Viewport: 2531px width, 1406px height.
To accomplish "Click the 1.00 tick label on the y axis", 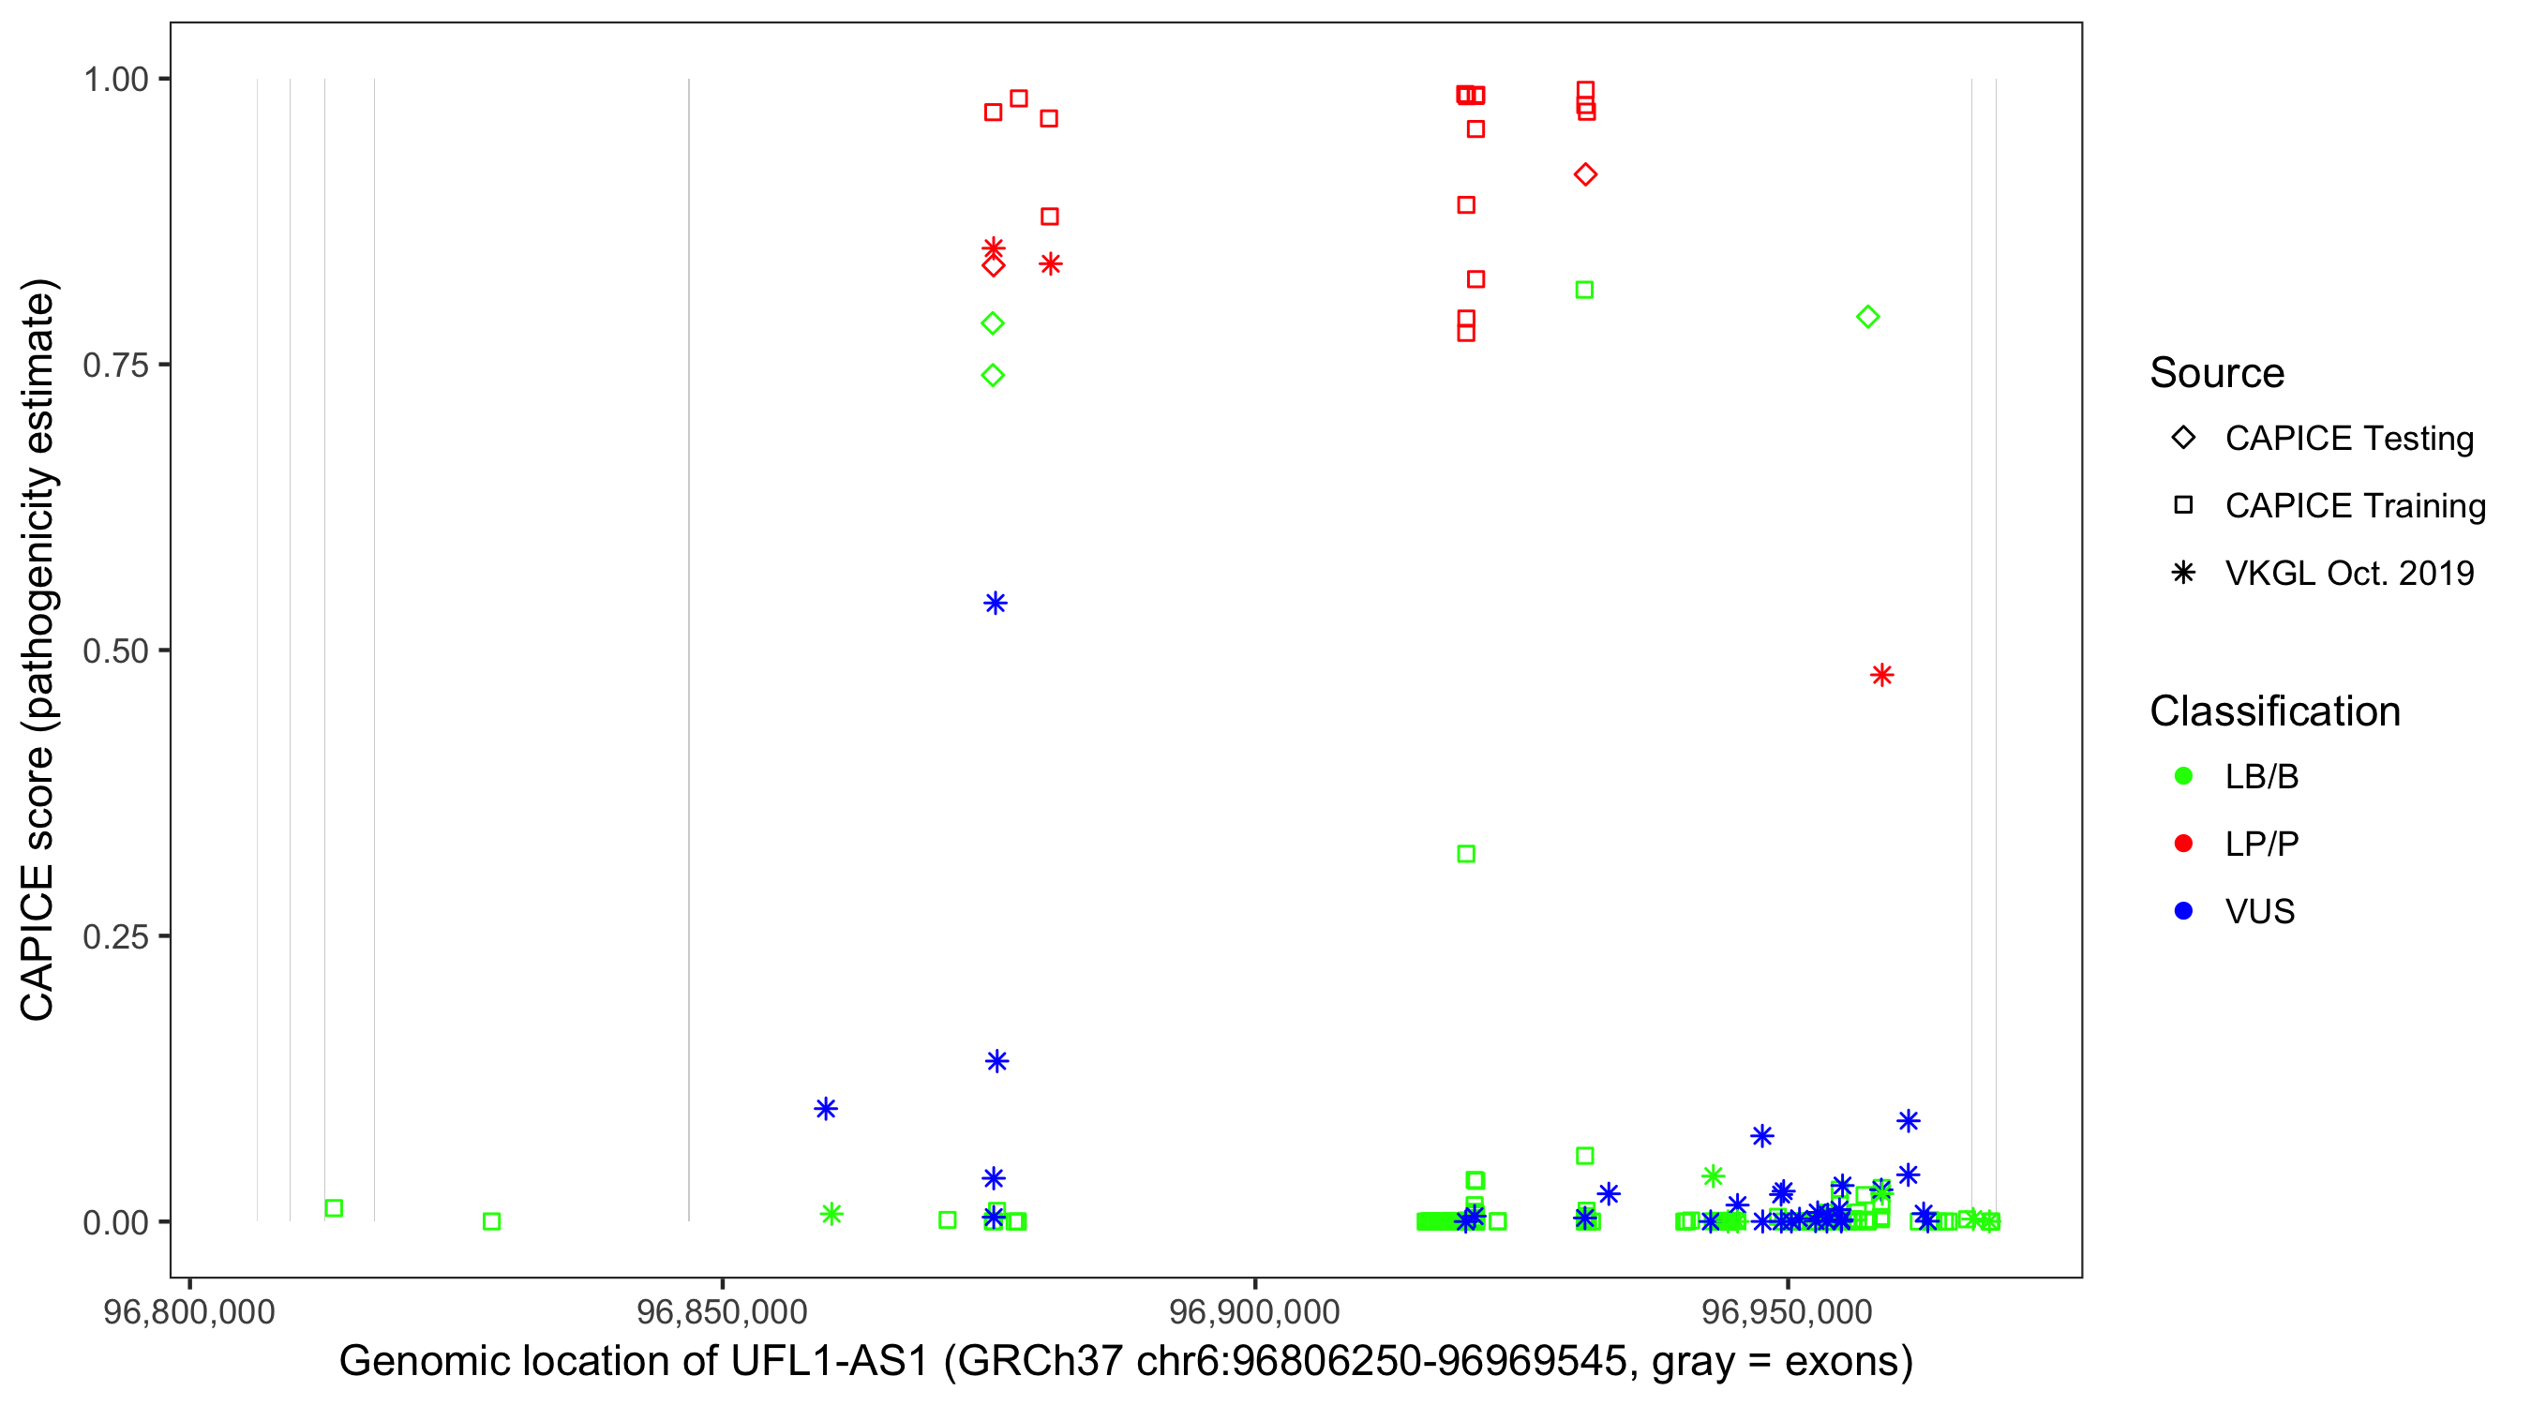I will tap(115, 79).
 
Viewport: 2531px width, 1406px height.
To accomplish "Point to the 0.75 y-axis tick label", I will tap(115, 365).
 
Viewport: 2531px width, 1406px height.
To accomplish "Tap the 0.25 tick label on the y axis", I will tap(115, 936).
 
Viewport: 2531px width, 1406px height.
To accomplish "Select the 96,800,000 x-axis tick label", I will tap(189, 1311).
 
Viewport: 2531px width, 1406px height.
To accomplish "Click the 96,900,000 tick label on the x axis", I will tap(1254, 1311).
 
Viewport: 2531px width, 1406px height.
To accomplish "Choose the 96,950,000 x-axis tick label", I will tap(1788, 1311).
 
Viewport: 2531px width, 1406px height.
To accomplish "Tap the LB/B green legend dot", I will tap(2183, 776).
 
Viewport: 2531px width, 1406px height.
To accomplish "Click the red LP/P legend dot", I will tap(2183, 844).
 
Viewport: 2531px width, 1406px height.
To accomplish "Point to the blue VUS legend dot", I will tap(2183, 912).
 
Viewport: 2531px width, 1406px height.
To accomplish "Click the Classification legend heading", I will tap(2274, 711).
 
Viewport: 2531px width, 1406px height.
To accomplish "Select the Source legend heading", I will tap(2217, 373).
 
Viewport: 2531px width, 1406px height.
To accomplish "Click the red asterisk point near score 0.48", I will tap(1881, 675).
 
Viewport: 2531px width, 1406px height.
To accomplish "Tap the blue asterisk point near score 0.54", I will tap(996, 604).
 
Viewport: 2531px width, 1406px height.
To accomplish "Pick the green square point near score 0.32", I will tap(1466, 854).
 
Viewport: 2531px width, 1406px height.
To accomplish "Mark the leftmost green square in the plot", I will tap(334, 1208).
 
